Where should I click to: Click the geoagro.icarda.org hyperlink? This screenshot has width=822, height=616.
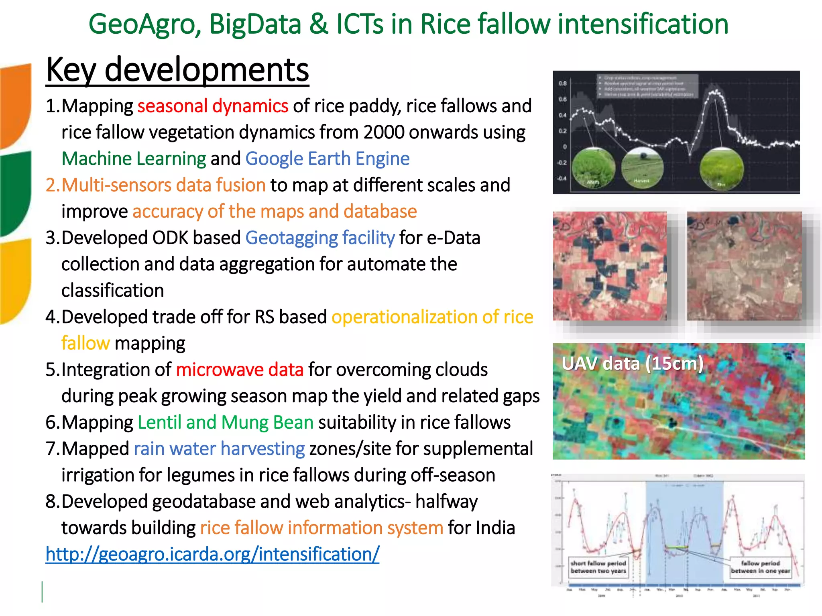(x=212, y=554)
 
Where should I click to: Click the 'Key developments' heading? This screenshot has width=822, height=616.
(x=177, y=70)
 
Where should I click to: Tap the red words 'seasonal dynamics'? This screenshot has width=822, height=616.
(x=213, y=106)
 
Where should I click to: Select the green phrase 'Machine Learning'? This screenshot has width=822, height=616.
(x=134, y=159)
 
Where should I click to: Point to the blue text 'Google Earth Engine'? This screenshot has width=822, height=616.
(x=327, y=159)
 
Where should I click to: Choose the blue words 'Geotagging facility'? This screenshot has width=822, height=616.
(x=320, y=238)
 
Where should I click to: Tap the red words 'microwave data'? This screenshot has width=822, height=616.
(x=240, y=370)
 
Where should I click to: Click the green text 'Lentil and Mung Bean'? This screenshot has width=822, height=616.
(x=226, y=423)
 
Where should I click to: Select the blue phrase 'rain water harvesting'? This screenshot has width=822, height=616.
(x=219, y=449)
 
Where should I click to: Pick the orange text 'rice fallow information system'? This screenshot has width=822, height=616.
(x=321, y=528)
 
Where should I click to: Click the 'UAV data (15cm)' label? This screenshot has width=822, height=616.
(x=632, y=364)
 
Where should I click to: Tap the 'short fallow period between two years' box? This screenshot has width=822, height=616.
(x=598, y=567)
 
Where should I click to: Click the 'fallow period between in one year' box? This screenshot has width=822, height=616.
(x=760, y=567)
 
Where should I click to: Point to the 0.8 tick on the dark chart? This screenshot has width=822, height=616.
(x=562, y=83)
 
